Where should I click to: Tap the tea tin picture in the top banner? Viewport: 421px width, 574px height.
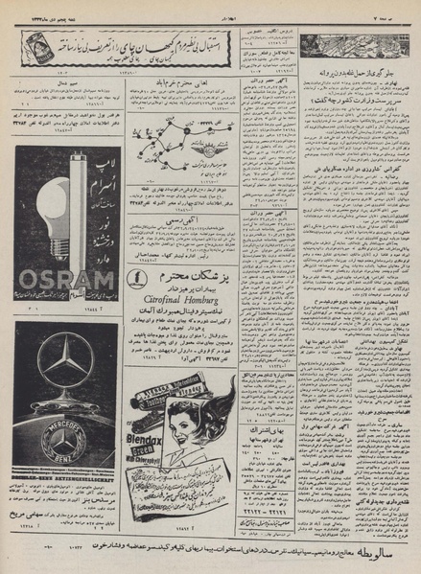click(36, 47)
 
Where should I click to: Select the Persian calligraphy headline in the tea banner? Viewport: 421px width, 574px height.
click(142, 43)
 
